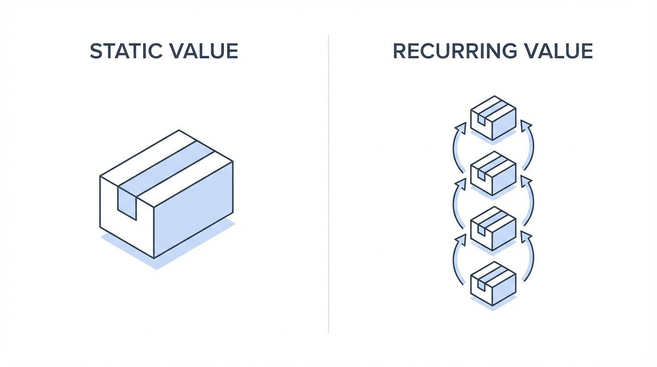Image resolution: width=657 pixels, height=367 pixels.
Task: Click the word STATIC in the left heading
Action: [125, 52]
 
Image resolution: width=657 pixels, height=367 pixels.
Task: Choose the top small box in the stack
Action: [493, 118]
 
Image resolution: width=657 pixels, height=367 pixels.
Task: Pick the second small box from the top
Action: [493, 173]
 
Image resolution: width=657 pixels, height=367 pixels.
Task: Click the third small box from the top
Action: [493, 228]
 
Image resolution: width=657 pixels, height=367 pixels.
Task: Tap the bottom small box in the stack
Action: [493, 283]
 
